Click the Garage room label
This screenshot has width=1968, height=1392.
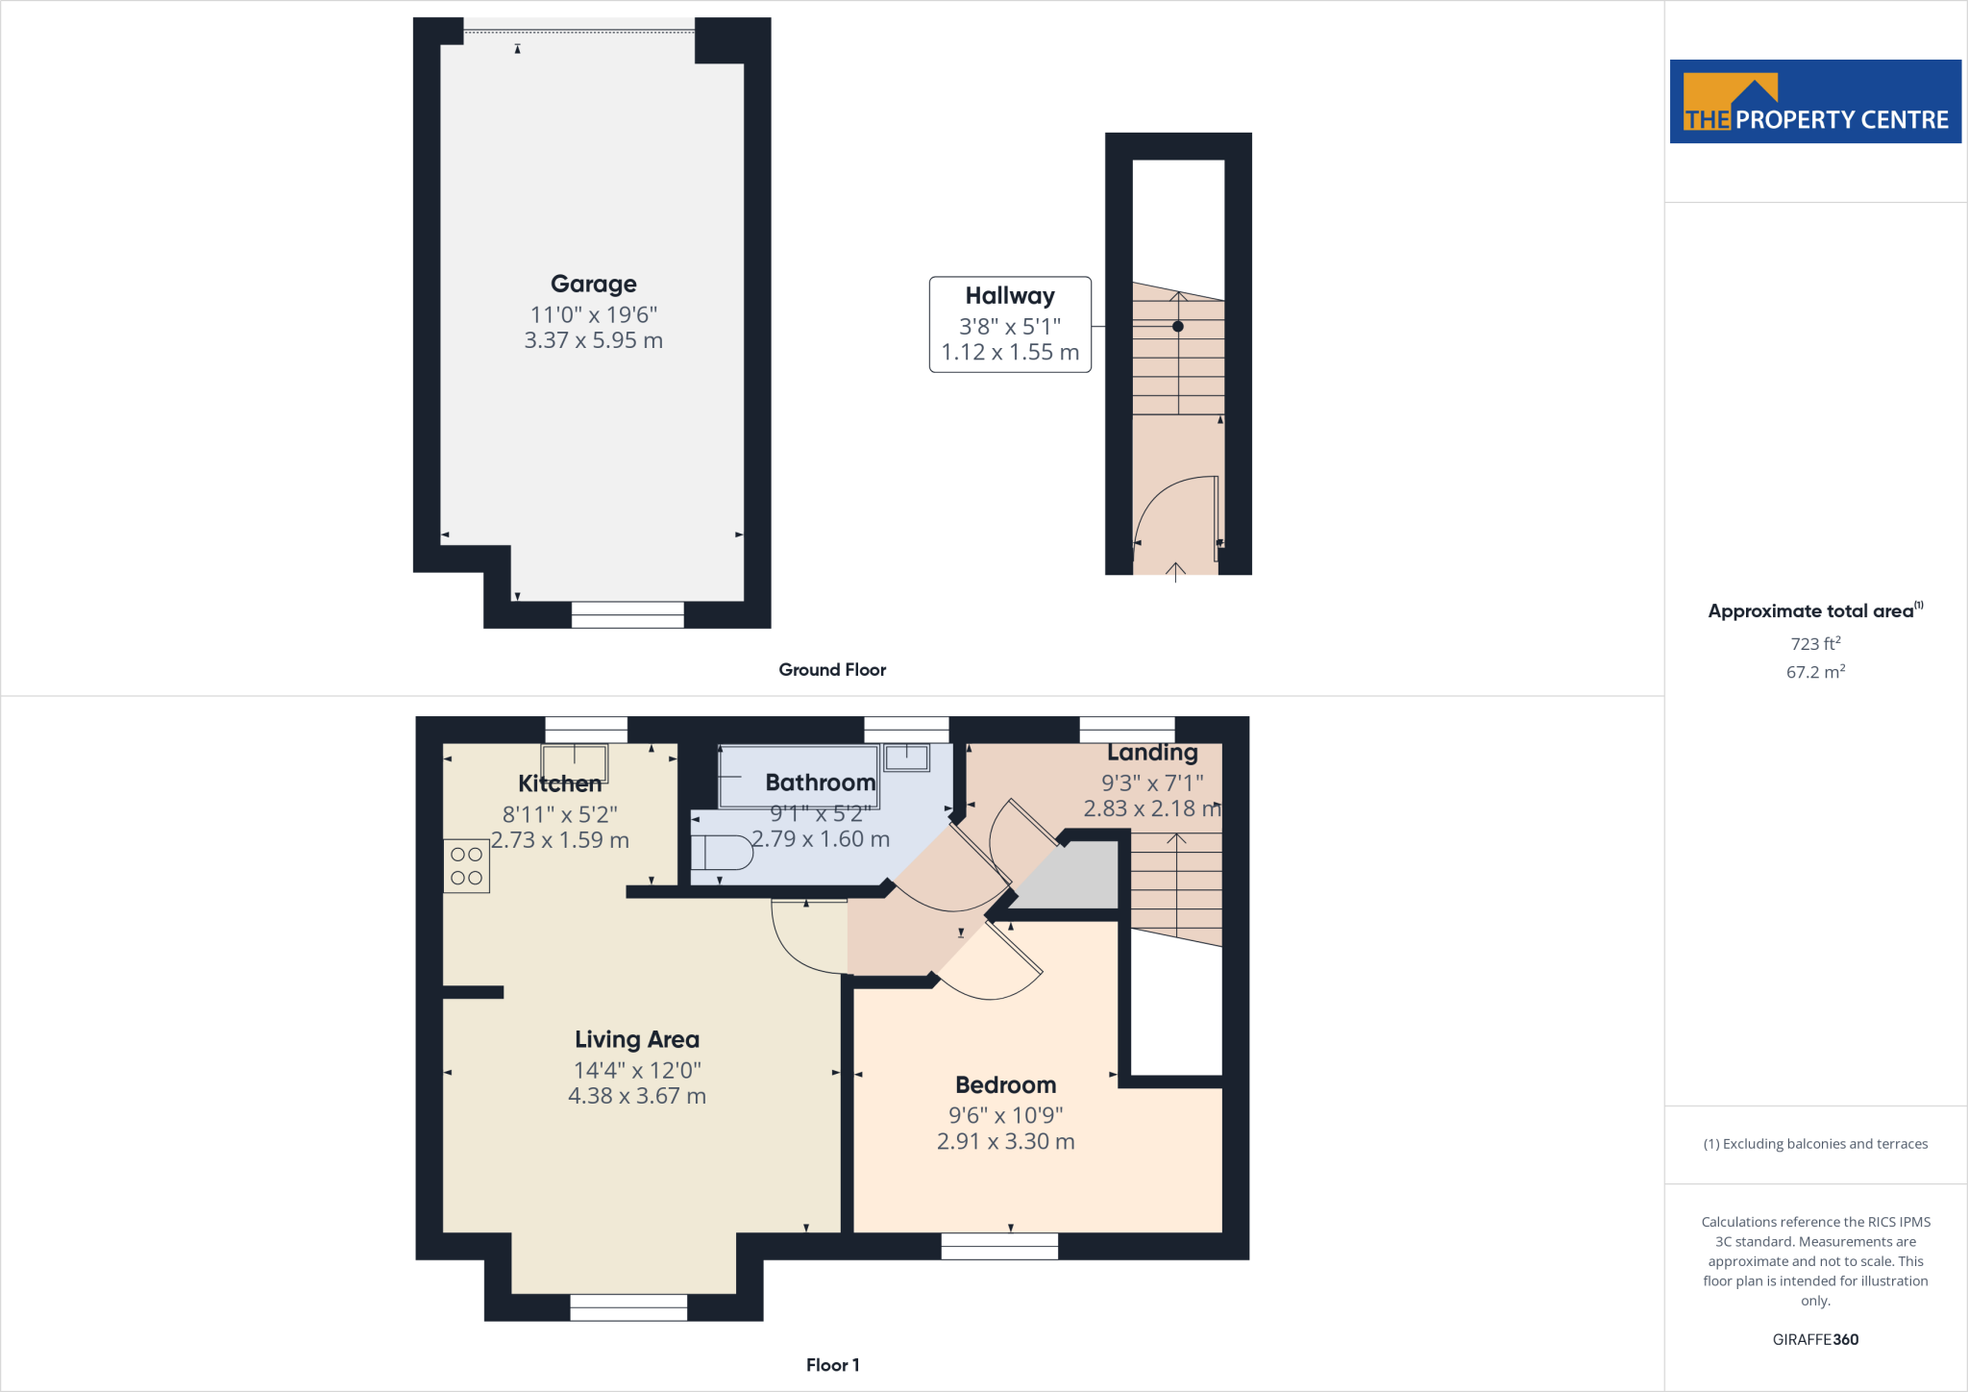click(x=593, y=284)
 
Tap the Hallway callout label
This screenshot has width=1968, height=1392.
click(x=1009, y=296)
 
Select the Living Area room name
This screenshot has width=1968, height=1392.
click(x=636, y=1039)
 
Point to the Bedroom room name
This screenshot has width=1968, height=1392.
click(x=1005, y=1084)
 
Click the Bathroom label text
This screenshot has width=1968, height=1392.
click(x=820, y=783)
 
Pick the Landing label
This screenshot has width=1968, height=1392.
click(x=1152, y=753)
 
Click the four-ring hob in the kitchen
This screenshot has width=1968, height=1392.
click(x=466, y=866)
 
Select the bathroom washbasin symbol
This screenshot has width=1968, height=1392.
click(x=906, y=758)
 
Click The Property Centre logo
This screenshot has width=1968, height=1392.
click(x=1814, y=102)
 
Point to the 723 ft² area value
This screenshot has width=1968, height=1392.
click(x=1814, y=643)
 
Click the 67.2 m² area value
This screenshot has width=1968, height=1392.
click(x=1814, y=672)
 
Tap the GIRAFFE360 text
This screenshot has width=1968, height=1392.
click(x=1814, y=1339)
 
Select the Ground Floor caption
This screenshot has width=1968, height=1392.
click(x=832, y=670)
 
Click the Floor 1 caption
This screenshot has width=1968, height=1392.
click(x=832, y=1365)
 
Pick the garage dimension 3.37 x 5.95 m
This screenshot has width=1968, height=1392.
click(x=593, y=340)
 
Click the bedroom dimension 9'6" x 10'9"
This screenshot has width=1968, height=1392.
click(x=1005, y=1115)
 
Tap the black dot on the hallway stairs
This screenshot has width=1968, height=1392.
click(x=1177, y=327)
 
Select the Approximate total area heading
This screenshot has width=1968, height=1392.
click(x=1810, y=611)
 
